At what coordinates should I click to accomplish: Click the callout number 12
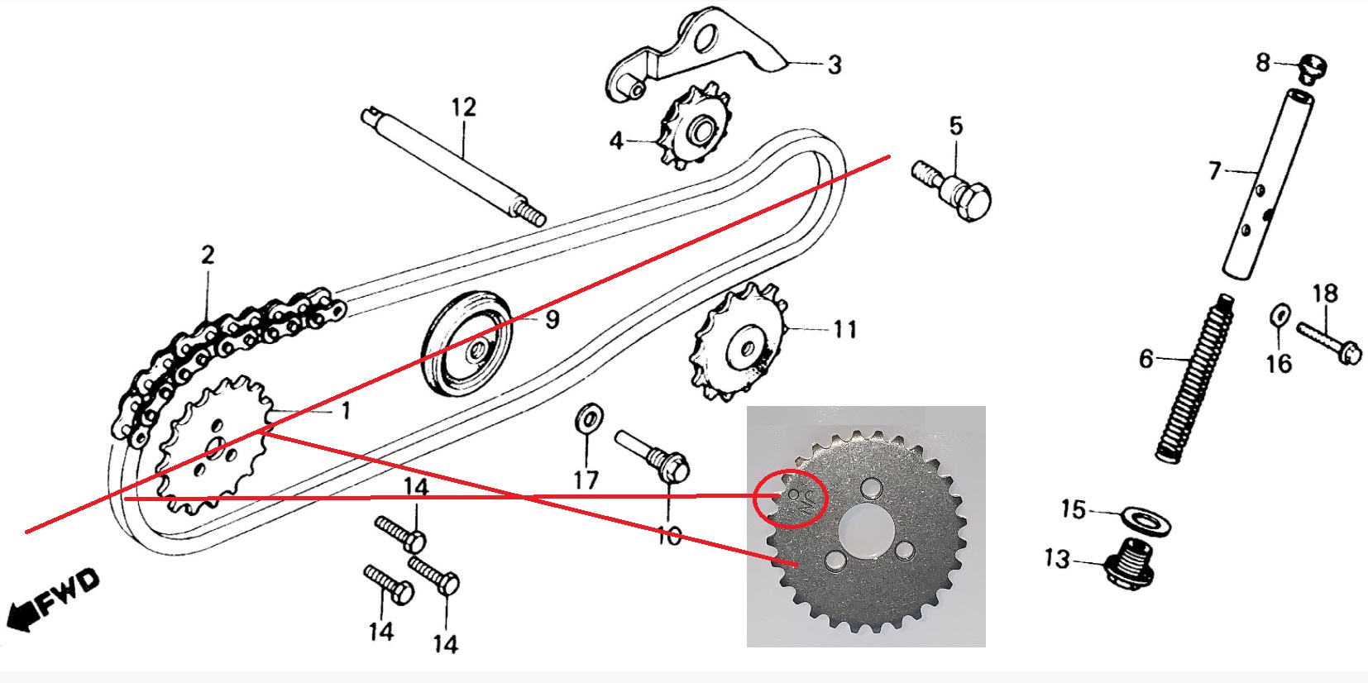[x=464, y=107]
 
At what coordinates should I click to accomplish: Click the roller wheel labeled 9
[x=466, y=344]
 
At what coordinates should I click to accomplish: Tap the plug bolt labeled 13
[x=1132, y=563]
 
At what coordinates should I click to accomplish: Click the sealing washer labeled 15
[x=1148, y=520]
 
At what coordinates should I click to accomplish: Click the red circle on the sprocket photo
[x=791, y=498]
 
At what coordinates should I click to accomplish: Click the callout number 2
[x=207, y=256]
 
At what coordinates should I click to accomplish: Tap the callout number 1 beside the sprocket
[x=346, y=410]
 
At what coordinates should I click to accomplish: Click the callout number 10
[x=669, y=536]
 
